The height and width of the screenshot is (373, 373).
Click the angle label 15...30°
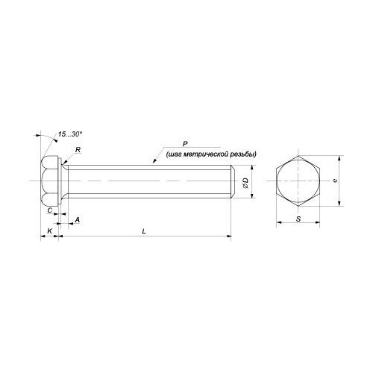point(70,134)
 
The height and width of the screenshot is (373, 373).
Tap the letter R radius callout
point(78,150)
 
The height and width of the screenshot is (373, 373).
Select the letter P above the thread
point(185,144)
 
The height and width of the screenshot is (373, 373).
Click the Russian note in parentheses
point(211,154)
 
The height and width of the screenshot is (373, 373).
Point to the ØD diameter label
point(245,183)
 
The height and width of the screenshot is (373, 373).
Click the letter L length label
point(144,231)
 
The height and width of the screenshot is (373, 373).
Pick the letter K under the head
point(50,231)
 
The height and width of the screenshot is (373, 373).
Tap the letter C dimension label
point(50,210)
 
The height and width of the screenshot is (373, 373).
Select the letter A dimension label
point(78,220)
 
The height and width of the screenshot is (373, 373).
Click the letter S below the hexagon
point(298,219)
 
